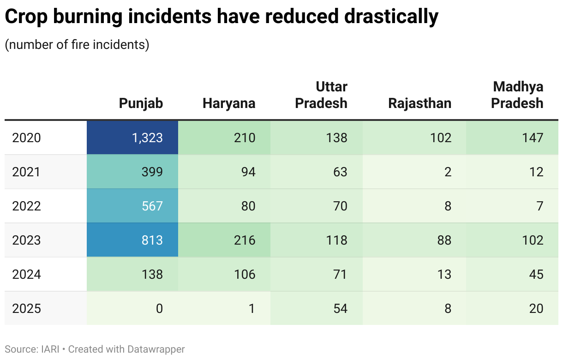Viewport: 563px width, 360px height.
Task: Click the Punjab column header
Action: tap(141, 103)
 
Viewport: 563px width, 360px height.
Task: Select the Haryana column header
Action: tap(229, 103)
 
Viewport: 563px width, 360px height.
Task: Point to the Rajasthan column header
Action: tap(419, 103)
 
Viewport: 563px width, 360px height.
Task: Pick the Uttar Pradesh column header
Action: tap(321, 95)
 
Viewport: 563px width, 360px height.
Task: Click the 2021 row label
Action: tap(27, 172)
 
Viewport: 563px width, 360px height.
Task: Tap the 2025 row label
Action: tap(27, 308)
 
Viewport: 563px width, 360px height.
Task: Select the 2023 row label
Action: tap(27, 240)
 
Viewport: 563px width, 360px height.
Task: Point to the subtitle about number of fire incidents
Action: tap(77, 45)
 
